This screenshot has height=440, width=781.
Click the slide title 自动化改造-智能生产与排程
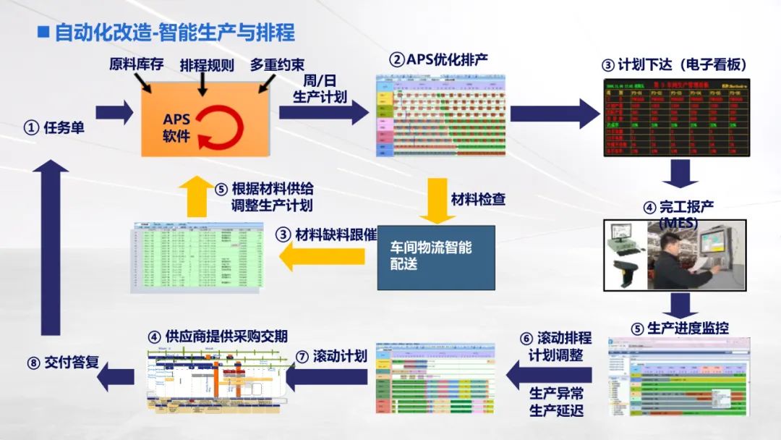[x=174, y=33]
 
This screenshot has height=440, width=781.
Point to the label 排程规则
[x=207, y=65]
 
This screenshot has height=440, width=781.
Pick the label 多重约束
[x=278, y=64]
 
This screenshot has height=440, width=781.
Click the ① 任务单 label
[x=54, y=127]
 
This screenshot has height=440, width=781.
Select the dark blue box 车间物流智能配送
[x=436, y=257]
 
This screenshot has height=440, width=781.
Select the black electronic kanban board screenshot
[x=676, y=118]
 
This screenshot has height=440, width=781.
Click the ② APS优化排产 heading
[x=438, y=59]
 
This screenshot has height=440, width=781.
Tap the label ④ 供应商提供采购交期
[x=217, y=336]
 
